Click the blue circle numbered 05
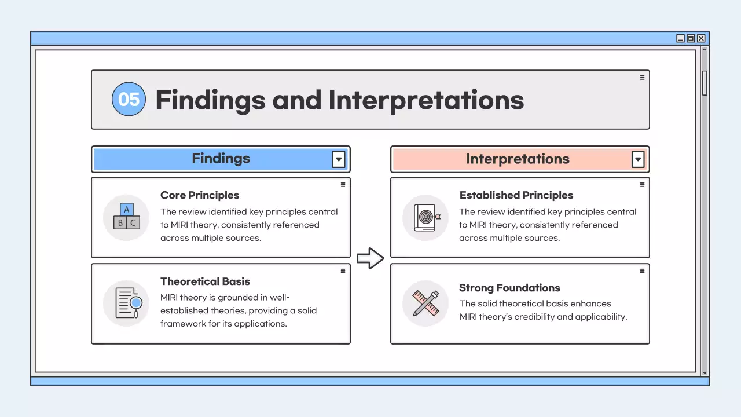pos(129,99)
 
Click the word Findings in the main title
pos(210,100)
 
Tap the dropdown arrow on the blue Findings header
pos(339,159)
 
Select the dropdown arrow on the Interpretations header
pos(637,159)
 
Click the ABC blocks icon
pos(126,217)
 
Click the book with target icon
pos(425,217)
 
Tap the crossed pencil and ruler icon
pos(425,303)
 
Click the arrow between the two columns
pos(370,258)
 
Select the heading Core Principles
pos(200,195)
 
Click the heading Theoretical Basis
pos(205,281)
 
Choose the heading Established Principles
pos(516,195)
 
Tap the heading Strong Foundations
pos(509,288)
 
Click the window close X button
pos(701,38)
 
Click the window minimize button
pos(681,38)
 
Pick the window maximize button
pos(691,38)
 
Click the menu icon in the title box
pos(642,78)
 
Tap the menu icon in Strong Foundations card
pos(642,271)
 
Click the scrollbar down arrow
pos(705,373)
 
